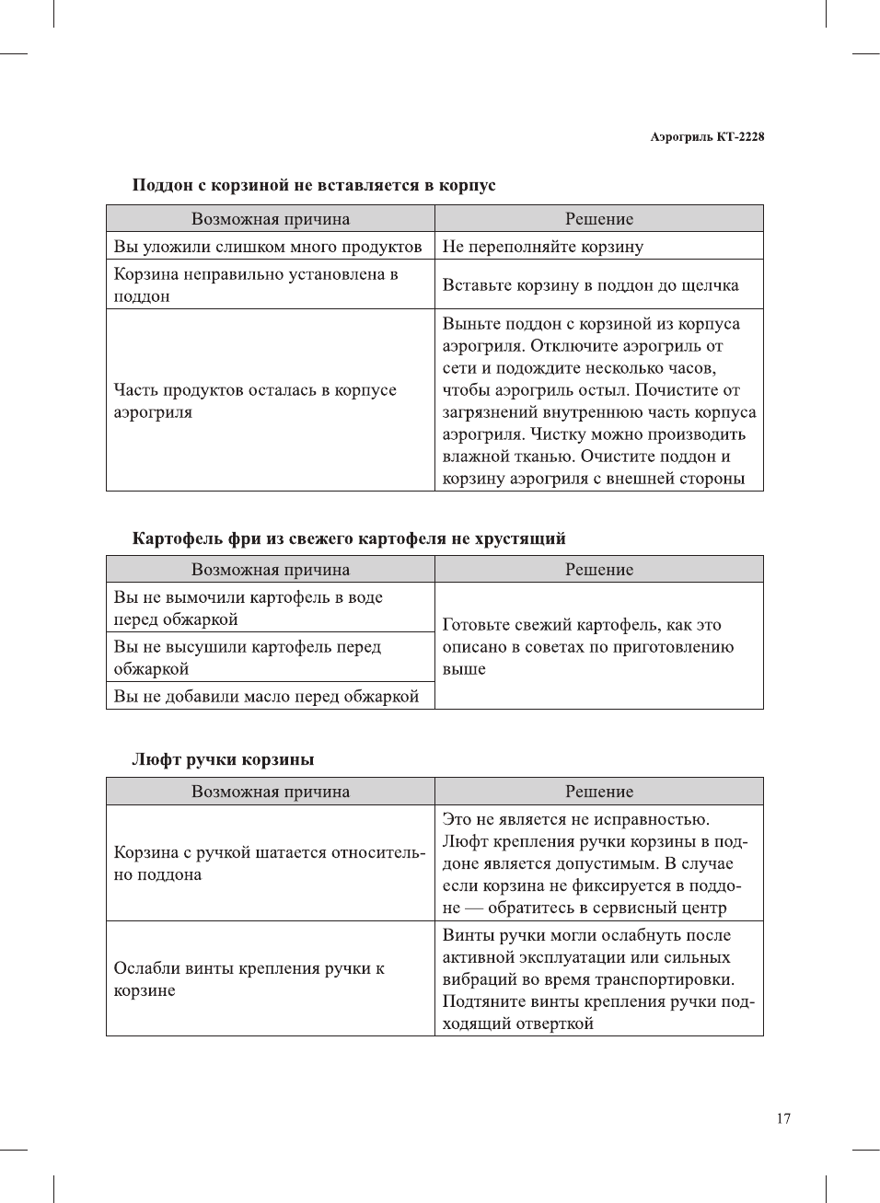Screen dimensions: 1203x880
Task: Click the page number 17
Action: point(782,1118)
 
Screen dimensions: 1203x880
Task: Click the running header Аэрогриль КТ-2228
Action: point(707,136)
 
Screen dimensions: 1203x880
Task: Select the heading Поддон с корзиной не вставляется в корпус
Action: point(314,185)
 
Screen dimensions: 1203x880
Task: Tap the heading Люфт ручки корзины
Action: point(223,759)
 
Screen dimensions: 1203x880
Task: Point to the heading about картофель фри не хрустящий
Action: point(349,538)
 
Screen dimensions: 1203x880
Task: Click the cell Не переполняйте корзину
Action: point(543,247)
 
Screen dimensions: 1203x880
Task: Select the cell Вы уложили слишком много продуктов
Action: point(268,247)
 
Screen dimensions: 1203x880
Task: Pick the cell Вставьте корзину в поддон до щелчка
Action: point(590,285)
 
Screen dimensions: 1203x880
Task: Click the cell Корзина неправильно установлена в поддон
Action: point(256,285)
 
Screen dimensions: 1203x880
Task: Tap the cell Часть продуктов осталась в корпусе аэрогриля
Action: point(255,401)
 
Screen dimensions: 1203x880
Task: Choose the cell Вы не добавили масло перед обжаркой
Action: point(266,697)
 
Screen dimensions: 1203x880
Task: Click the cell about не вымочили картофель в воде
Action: point(249,608)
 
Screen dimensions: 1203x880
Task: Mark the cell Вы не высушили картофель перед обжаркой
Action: point(248,658)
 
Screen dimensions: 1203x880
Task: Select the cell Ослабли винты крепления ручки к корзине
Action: point(249,979)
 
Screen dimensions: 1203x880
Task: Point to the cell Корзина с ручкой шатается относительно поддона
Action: point(269,863)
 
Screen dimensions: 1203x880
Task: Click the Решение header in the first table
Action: point(599,219)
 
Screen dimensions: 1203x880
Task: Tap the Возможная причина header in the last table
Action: point(271,792)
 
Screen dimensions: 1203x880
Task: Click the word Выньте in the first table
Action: point(469,324)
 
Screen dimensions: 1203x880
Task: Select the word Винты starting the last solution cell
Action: point(469,935)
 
